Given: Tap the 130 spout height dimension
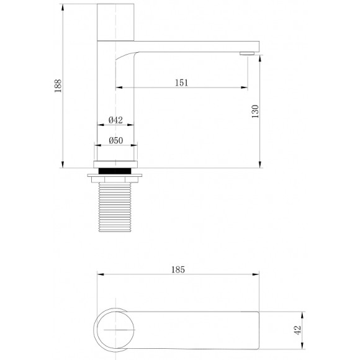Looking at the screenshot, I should [255, 112].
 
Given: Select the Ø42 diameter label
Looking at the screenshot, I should [115, 120].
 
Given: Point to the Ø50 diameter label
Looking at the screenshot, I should [115, 141].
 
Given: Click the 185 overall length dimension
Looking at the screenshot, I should [178, 270].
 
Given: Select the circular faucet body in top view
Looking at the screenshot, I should [116, 328].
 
